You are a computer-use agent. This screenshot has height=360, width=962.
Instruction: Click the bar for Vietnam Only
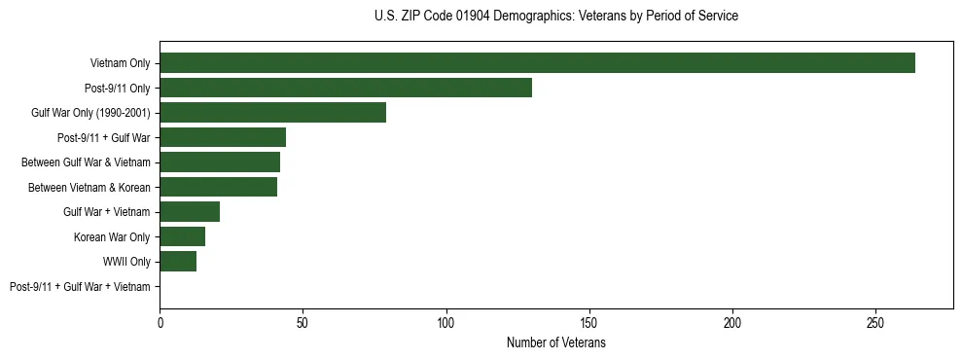tap(537, 63)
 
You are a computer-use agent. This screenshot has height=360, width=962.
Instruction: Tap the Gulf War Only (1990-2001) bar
tap(272, 113)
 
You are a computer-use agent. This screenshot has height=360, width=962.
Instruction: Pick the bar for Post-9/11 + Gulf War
tap(223, 137)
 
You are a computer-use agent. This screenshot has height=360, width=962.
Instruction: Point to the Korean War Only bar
tap(182, 236)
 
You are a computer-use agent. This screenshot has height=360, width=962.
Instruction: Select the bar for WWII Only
tap(178, 262)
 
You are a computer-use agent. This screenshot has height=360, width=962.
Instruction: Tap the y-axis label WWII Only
tap(126, 262)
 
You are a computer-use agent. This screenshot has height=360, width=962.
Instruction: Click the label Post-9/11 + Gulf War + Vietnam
tap(80, 287)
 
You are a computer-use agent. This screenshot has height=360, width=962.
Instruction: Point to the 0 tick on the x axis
tap(160, 322)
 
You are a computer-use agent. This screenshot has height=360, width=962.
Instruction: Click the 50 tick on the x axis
tap(303, 322)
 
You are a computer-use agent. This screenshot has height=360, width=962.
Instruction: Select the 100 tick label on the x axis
tap(446, 322)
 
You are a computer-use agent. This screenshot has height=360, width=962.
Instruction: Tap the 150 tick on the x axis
tap(589, 322)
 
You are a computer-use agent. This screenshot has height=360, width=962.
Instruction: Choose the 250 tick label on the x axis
tap(875, 322)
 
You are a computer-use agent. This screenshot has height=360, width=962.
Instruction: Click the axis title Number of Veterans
tap(555, 343)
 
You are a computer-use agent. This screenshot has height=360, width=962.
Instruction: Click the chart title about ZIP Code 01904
tap(555, 17)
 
